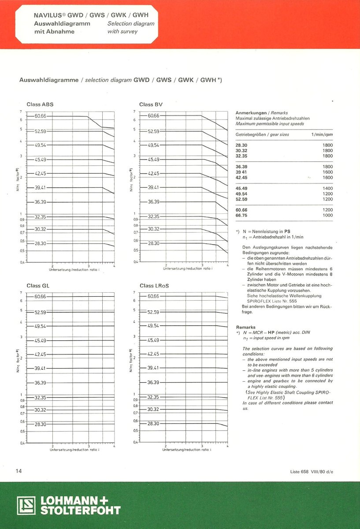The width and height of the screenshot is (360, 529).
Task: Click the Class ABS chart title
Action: point(40,104)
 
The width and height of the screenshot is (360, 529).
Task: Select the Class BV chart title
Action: point(151,104)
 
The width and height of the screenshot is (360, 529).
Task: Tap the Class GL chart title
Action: point(38,286)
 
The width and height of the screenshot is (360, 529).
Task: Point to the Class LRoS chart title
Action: point(154,286)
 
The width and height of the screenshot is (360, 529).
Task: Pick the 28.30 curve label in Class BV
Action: point(153,243)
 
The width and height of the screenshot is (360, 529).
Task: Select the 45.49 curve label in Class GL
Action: point(41,340)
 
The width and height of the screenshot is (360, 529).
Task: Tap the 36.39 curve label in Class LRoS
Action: point(153,382)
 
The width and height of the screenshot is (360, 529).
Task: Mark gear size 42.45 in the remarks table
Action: point(241,177)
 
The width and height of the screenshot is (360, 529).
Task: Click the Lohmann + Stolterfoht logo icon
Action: point(26,506)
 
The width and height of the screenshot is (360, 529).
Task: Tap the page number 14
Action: point(19,471)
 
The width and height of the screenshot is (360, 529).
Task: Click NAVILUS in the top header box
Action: point(48,15)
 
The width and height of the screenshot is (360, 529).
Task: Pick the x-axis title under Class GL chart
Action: point(74,450)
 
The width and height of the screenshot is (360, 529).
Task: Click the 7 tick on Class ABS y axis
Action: point(21,112)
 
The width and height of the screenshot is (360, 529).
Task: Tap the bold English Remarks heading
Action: point(246,327)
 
